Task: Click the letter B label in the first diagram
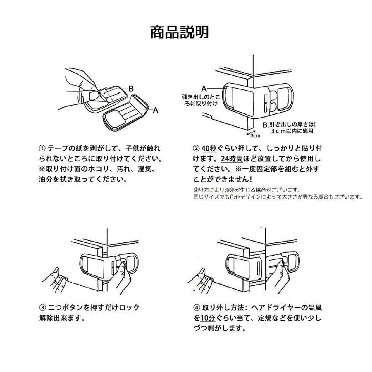coord(130,88)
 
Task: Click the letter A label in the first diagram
coord(156,109)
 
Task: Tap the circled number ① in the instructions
coord(42,149)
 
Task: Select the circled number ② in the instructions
coord(196,149)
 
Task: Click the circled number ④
coord(196,308)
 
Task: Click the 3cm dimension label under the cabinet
coord(255,135)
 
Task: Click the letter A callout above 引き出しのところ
coord(204,87)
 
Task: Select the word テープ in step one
coord(58,149)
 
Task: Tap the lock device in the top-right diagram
coord(257,97)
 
